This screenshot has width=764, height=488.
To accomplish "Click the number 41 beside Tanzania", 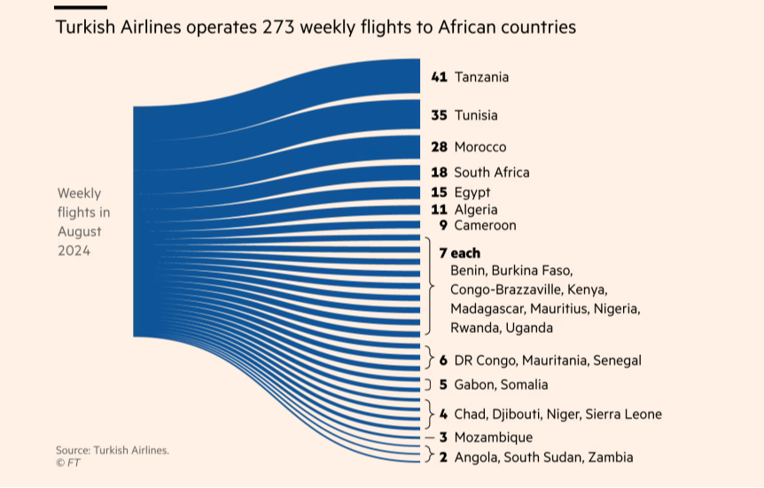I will (x=439, y=77).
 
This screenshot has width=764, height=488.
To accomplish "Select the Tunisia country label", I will (x=476, y=115).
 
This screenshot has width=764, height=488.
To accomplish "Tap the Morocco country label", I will (x=480, y=146).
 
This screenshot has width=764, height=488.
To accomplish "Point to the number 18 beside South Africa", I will (x=439, y=172).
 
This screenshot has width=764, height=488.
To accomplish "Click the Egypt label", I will (x=472, y=192).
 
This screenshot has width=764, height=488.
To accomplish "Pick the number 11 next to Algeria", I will (x=439, y=210).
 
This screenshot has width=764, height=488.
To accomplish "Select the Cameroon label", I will (x=485, y=225).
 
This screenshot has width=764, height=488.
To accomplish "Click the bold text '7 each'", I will (x=459, y=253).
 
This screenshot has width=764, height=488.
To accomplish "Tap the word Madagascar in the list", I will (x=487, y=308).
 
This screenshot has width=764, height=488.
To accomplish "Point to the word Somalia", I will (x=526, y=384).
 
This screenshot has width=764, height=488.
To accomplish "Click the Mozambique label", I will (x=494, y=438).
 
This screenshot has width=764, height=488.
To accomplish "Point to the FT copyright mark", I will (x=66, y=462).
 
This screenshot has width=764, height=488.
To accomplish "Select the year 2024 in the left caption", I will (x=74, y=251).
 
